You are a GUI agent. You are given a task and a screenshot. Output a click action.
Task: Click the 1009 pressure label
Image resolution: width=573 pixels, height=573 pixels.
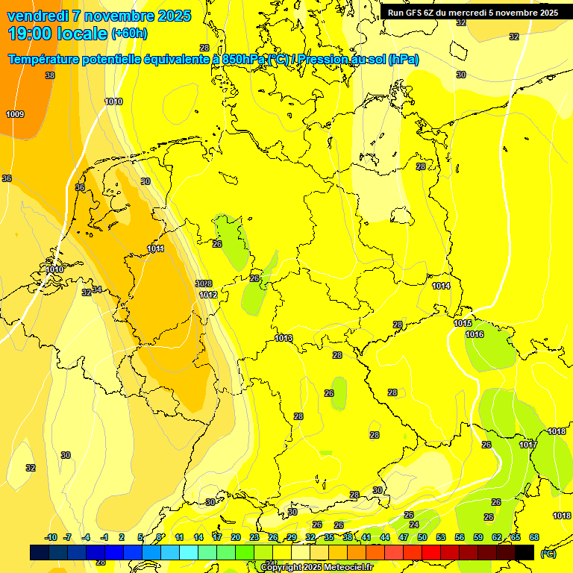click(15, 114)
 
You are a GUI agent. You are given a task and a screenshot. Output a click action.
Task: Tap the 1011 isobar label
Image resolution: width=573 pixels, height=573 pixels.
click(155, 248)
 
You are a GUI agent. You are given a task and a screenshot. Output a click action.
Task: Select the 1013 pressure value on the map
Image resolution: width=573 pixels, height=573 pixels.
click(284, 338)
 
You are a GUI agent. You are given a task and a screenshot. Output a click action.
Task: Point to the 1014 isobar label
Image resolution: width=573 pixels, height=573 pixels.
click(441, 286)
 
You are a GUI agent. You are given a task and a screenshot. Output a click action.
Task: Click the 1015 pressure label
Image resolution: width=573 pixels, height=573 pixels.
click(463, 323)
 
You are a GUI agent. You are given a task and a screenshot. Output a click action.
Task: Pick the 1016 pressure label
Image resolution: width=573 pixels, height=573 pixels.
click(475, 334)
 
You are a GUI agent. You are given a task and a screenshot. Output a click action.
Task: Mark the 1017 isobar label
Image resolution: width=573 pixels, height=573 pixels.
click(528, 445)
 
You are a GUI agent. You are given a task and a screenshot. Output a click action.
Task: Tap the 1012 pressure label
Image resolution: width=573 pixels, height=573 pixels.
click(208, 295)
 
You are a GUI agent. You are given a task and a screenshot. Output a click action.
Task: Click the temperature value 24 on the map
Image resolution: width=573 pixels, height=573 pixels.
click(414, 525)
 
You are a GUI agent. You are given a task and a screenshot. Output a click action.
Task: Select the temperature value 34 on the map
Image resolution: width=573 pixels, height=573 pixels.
click(97, 289)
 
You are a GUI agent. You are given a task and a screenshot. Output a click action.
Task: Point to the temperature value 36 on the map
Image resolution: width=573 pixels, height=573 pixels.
click(7, 178)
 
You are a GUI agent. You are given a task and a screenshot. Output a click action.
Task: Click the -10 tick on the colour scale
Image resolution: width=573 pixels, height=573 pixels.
click(51, 537)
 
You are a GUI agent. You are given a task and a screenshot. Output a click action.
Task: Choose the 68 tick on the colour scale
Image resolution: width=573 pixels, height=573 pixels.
click(534, 537)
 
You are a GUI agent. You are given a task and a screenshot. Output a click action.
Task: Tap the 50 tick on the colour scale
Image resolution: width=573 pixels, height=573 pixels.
click(422, 537)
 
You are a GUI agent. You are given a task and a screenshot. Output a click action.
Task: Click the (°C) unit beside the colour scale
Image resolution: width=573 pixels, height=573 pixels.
click(548, 554)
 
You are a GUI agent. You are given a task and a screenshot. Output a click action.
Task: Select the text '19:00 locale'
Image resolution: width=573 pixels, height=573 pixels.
click(57, 33)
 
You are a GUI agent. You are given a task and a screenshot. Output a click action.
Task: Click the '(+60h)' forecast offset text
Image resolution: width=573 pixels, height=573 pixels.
click(129, 33)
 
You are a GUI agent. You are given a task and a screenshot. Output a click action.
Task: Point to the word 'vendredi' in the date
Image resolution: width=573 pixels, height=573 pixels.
click(37, 16)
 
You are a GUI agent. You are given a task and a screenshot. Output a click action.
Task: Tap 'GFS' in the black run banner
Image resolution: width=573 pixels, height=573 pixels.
click(417, 12)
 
